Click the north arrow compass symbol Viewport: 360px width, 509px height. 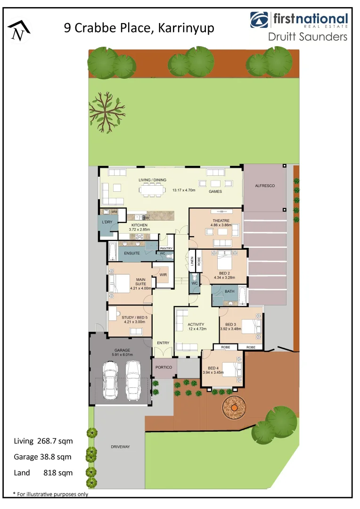pos(19,30)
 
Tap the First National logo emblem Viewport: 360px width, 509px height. pos(260,19)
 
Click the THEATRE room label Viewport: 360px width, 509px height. pos(221,221)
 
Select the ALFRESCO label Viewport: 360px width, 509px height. pos(265,186)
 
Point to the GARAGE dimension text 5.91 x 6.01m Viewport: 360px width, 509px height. pos(123,354)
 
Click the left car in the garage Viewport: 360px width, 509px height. pos(111,380)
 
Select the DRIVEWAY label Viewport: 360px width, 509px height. pos(120,446)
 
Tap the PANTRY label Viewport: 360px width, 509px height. pos(166,248)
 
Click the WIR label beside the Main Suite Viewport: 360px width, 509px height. pos(164,274)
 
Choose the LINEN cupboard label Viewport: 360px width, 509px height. pos(192,261)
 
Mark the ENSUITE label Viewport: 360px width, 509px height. pos(131,254)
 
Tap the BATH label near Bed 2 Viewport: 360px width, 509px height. pos(229,291)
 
